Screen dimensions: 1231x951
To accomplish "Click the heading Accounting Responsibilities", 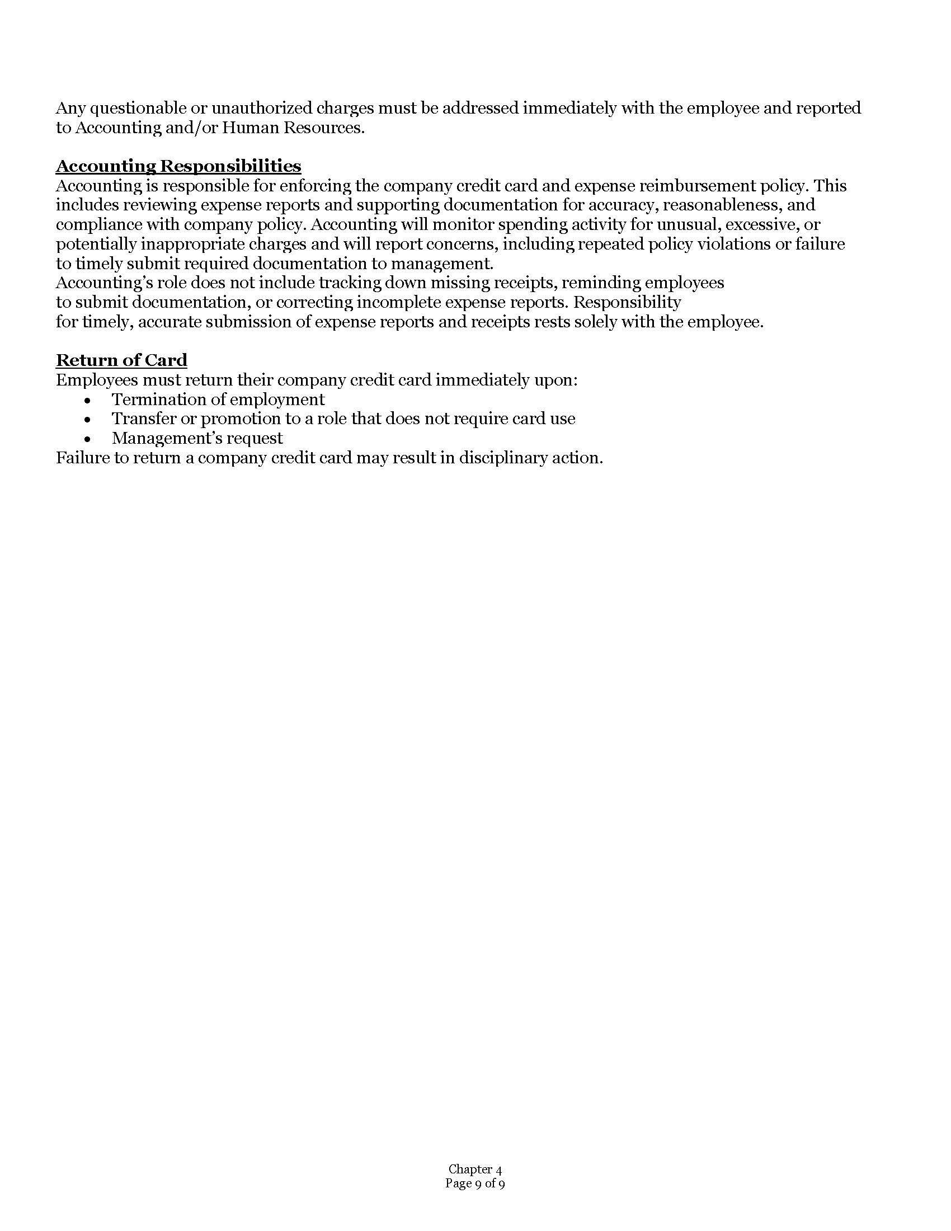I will (178, 166).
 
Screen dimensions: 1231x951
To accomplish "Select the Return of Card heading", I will (121, 360).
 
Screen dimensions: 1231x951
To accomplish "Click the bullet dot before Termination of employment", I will (87, 400).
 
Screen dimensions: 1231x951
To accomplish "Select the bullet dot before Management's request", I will (87, 439).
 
